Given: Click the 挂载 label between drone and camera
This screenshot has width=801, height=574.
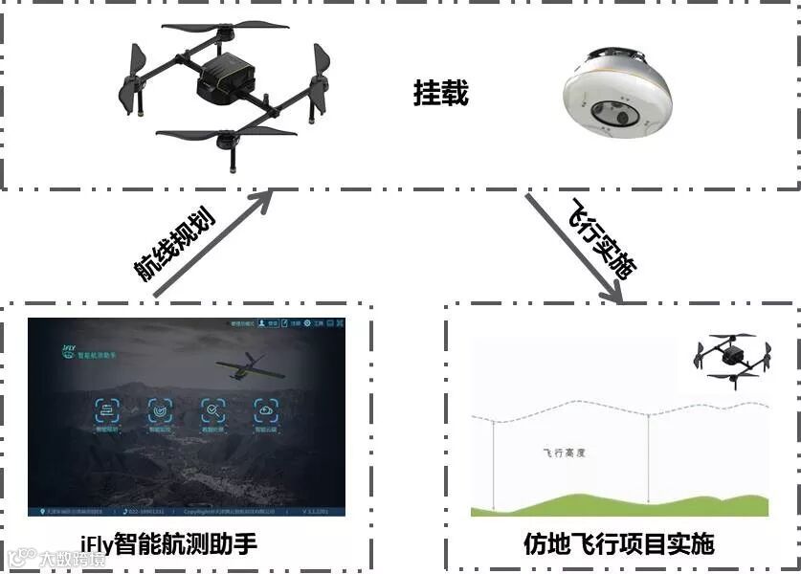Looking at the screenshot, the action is click(x=441, y=93).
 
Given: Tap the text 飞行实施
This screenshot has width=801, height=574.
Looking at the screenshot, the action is click(x=604, y=238).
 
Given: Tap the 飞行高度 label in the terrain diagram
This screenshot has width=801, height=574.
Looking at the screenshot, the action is click(x=563, y=453).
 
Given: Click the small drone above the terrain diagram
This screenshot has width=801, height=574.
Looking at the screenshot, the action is click(x=731, y=358).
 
